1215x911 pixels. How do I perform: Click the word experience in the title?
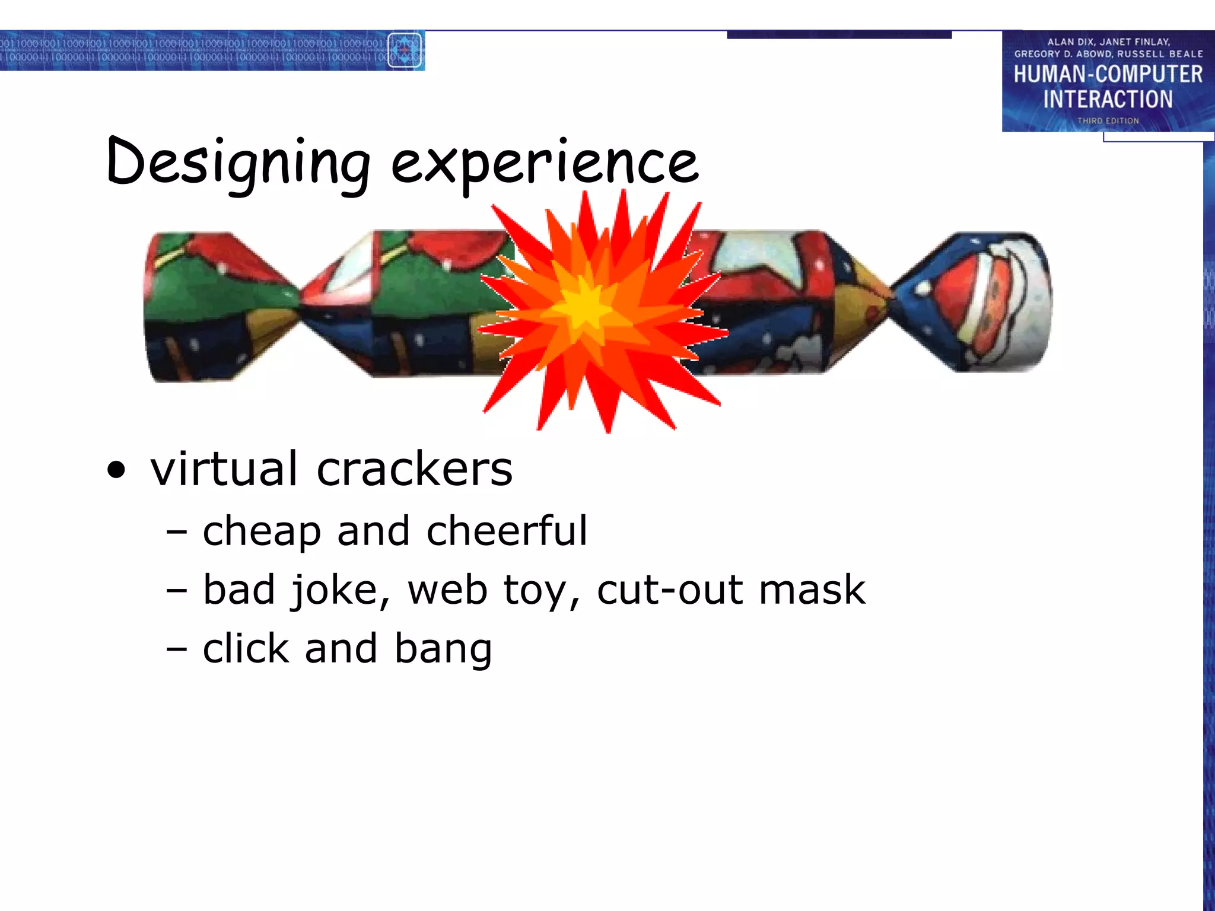click(x=545, y=163)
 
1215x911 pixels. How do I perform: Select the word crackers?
click(x=414, y=469)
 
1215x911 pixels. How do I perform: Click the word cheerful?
click(x=507, y=530)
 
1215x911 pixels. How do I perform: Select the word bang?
click(x=443, y=649)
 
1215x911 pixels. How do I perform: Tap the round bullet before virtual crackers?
click(x=117, y=470)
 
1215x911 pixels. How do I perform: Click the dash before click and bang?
click(x=177, y=649)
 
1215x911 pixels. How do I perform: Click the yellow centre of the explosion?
click(x=584, y=308)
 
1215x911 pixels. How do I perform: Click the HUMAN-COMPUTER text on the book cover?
click(x=1108, y=75)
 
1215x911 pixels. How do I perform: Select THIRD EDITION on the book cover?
click(x=1108, y=120)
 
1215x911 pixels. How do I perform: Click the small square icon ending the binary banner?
click(x=405, y=50)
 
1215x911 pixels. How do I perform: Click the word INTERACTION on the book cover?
click(x=1108, y=99)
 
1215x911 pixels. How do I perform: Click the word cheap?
click(x=262, y=530)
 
